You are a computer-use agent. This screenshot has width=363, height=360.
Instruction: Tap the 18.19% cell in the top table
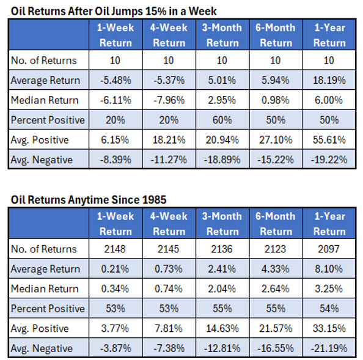[329, 79]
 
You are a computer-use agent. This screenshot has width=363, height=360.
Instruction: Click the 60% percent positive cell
[222, 120]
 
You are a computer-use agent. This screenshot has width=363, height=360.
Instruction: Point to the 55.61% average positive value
[329, 140]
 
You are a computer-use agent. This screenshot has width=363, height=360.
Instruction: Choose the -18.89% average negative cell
[222, 160]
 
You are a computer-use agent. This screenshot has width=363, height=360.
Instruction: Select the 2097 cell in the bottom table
[329, 249]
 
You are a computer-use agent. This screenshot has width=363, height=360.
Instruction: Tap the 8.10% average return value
[329, 269]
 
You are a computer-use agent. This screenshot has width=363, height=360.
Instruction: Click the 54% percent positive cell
[329, 309]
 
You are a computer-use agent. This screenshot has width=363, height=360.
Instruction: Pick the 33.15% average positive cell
[329, 329]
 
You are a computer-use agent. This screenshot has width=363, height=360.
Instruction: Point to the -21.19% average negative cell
[329, 348]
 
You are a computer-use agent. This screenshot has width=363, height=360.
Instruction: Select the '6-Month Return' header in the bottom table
[276, 224]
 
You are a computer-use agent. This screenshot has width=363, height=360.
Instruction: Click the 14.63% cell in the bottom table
[222, 329]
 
